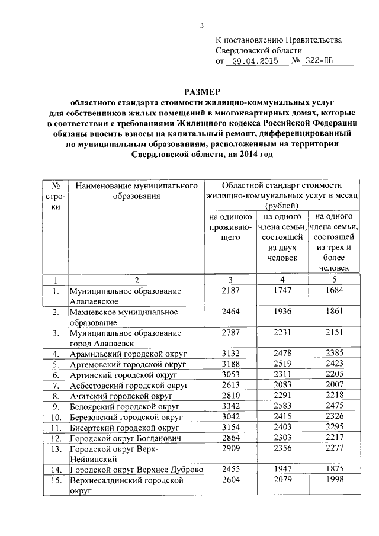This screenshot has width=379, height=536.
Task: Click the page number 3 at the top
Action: click(x=201, y=25)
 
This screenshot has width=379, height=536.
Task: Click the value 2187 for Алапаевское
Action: click(x=231, y=291)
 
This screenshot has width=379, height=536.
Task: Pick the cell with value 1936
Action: click(x=282, y=312)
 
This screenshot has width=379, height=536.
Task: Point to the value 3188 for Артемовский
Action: click(x=231, y=364)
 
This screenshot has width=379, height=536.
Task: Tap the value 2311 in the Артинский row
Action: click(x=282, y=375)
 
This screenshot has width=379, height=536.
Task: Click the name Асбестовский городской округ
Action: click(x=129, y=386)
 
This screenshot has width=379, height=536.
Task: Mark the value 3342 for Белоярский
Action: click(x=231, y=406)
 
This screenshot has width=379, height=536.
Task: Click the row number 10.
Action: click(x=55, y=417)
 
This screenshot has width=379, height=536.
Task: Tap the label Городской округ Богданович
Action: click(x=125, y=438)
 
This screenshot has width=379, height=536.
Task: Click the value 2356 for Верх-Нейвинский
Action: click(x=282, y=449)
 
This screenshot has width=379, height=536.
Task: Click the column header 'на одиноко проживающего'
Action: click(x=231, y=227)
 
